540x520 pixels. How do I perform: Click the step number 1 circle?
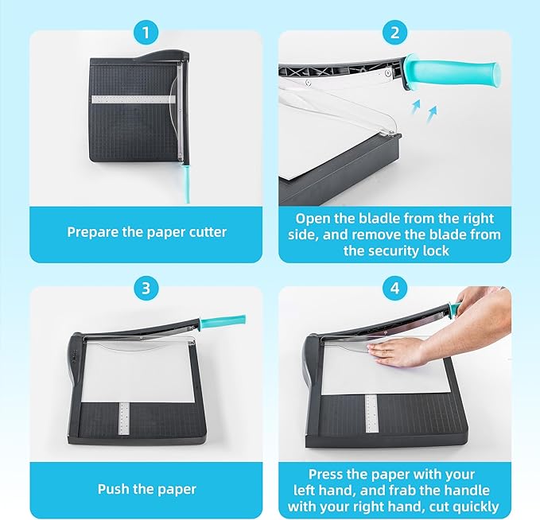coord(146,33)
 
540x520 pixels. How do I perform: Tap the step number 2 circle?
coord(394,33)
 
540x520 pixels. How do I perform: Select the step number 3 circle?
coord(146,288)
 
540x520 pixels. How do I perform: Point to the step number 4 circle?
coord(394,288)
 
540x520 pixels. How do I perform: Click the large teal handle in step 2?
coord(453,72)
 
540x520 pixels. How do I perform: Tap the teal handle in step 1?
coord(187,184)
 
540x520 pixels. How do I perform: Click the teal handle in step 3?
coord(222,320)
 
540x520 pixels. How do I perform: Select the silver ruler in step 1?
coord(134,99)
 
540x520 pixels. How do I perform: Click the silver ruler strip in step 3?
coord(124,417)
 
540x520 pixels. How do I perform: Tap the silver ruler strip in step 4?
coord(371,413)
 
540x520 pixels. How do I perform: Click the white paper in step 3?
coord(138,371)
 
